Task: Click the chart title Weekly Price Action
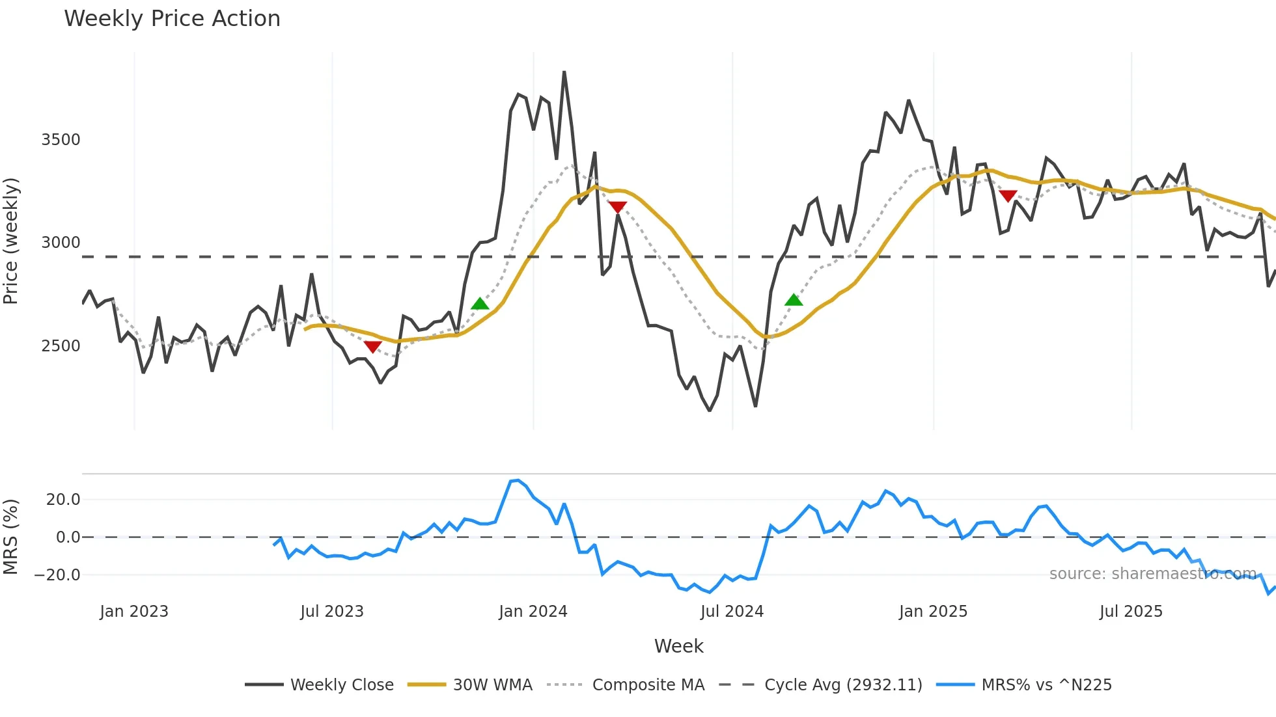tap(172, 19)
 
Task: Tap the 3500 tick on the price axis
tap(61, 140)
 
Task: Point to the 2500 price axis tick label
tap(61, 346)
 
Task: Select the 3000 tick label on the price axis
tap(61, 243)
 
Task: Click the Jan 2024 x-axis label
tap(533, 612)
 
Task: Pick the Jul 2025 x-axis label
tap(1131, 612)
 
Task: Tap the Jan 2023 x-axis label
tap(134, 612)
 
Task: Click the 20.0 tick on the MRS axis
tap(63, 500)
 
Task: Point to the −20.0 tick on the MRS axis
tap(57, 575)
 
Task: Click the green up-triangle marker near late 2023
tap(480, 304)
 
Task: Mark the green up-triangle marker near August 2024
tap(794, 300)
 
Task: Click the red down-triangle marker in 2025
tap(1008, 196)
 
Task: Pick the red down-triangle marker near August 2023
tap(372, 347)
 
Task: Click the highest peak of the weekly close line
tap(564, 72)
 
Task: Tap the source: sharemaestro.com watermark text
tap(1152, 574)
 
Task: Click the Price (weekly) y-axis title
tap(11, 241)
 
